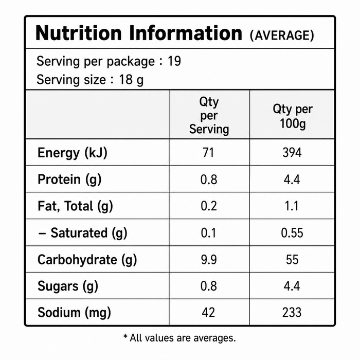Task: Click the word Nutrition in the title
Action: coord(79,33)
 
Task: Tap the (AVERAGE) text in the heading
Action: coord(282,35)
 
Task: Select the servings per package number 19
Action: coord(174,61)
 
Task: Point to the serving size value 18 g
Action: coord(131,80)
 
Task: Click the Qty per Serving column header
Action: coord(209,115)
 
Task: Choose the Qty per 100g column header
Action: coord(293,116)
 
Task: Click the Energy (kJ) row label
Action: coord(73,153)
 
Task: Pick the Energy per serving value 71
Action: coord(208,152)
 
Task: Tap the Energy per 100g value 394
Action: coord(292,152)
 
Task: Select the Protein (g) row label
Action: coord(69,179)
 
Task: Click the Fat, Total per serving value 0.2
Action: coord(209,206)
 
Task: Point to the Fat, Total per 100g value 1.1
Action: coord(292,206)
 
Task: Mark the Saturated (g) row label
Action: coord(82,233)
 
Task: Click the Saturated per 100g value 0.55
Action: coord(292,232)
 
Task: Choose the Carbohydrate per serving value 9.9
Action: coord(209,259)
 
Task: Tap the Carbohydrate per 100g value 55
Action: coord(292,259)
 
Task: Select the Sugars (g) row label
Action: coord(68,286)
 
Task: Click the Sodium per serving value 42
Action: coord(208,312)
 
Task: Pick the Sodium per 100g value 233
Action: coord(292,312)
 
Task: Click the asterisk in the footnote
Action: coord(125,336)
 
